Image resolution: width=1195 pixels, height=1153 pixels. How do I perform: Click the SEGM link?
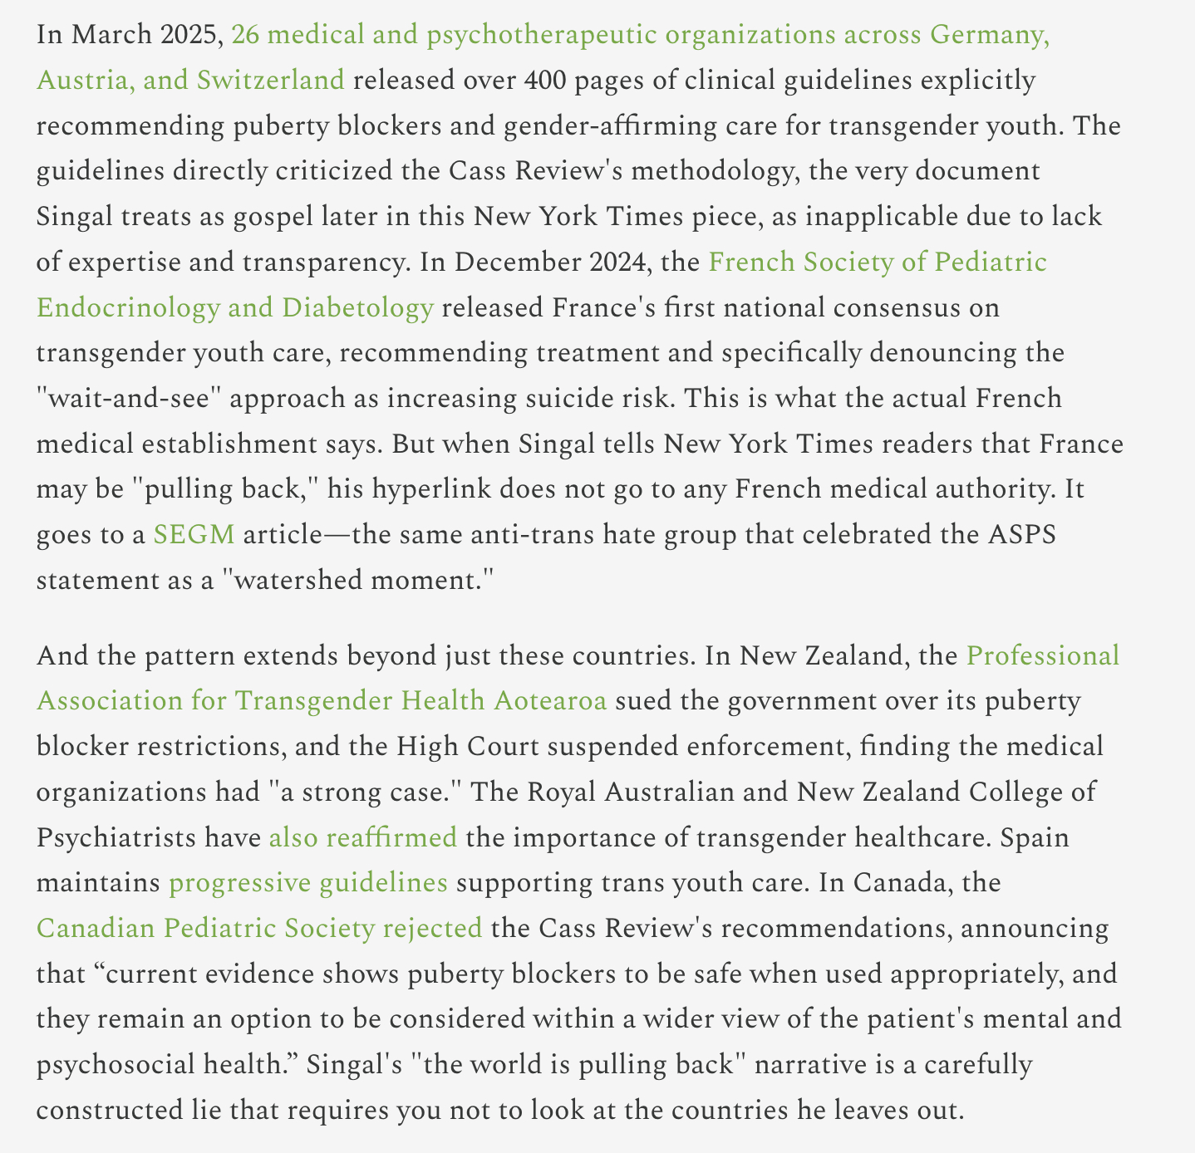(194, 534)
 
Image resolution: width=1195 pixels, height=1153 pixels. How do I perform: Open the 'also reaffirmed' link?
(362, 837)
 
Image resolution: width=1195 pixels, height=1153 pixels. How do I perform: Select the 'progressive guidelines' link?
(308, 882)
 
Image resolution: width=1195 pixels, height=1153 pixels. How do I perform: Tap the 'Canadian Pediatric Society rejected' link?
(259, 927)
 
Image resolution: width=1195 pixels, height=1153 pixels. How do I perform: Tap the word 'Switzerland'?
(270, 81)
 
